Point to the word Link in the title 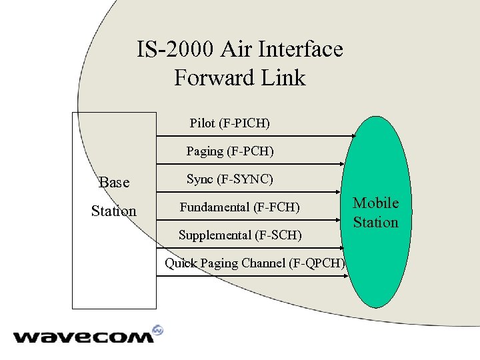coord(281,78)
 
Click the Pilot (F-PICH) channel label coord(230,123)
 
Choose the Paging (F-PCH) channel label coord(230,151)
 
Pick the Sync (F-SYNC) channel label coord(230,179)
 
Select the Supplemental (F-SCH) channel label coord(240,235)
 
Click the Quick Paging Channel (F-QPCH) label coord(255,263)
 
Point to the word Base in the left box coord(114,183)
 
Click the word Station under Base coord(114,211)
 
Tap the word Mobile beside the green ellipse coord(376,203)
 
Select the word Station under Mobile coord(375,223)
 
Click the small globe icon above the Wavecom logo coord(158,330)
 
